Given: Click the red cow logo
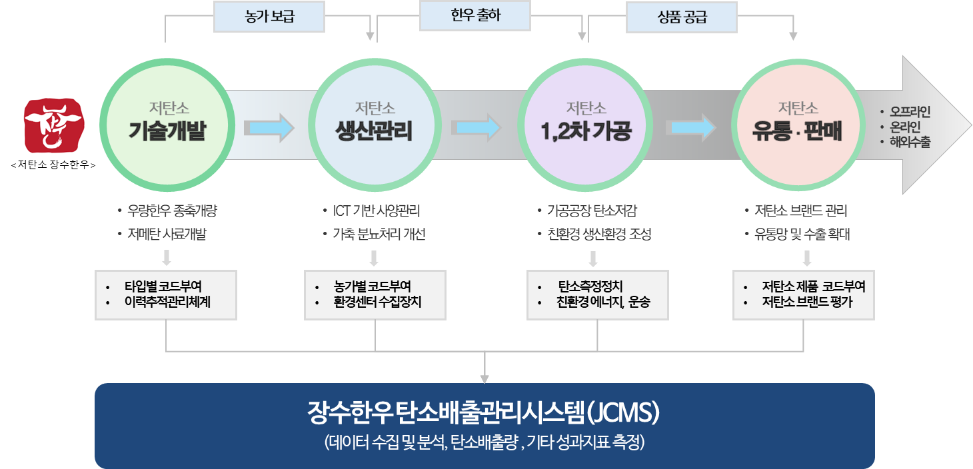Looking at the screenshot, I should coord(54,125).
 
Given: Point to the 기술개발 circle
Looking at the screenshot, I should coord(166,123).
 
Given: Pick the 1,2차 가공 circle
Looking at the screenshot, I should coord(586,123).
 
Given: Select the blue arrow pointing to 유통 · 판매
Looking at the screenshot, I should coord(693,127).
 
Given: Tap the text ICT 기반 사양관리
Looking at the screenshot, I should coord(377,211).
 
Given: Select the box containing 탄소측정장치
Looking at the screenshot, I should coord(597,294).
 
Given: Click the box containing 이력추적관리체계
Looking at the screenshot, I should coord(166,294).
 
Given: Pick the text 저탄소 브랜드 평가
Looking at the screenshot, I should coord(807,301).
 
